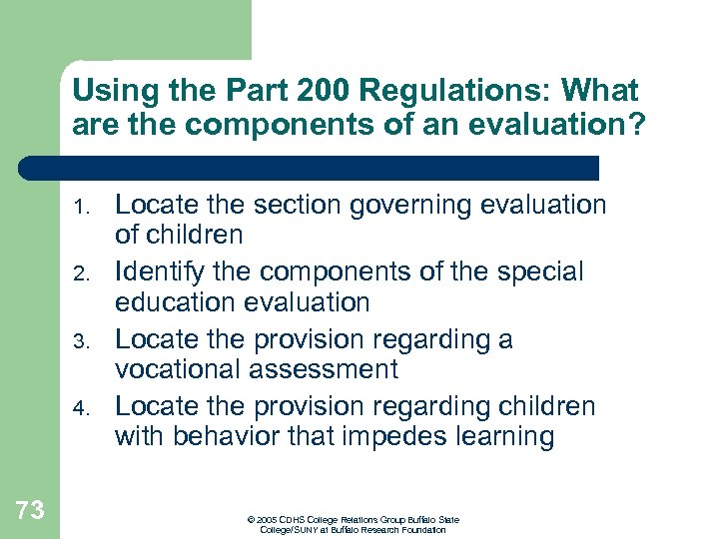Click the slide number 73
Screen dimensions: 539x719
point(30,511)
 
